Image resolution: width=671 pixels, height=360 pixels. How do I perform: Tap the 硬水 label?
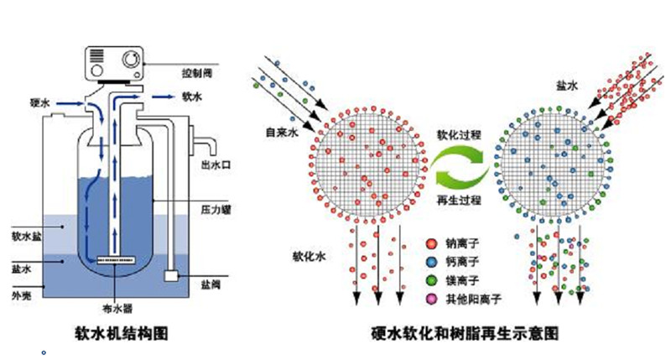40,102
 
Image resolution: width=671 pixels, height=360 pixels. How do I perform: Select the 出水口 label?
216,164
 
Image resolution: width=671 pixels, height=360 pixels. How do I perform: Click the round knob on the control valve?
133,61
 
